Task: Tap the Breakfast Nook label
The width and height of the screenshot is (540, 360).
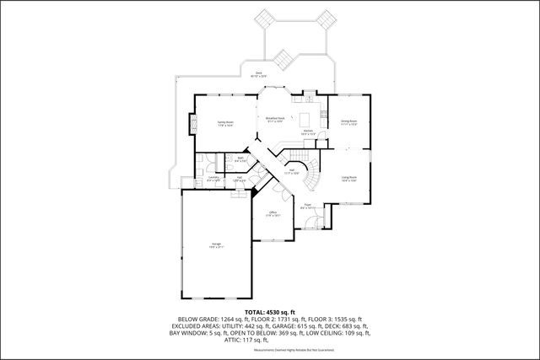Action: coord(275,119)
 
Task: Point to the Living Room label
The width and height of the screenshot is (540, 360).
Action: coord(349,179)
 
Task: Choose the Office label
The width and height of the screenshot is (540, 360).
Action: coord(273,213)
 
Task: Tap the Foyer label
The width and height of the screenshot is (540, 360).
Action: coord(307,206)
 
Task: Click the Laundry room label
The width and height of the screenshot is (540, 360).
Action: coord(213,178)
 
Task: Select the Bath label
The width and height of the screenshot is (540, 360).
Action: coord(240,158)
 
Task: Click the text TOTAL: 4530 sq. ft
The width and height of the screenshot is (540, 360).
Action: coord(270,312)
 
